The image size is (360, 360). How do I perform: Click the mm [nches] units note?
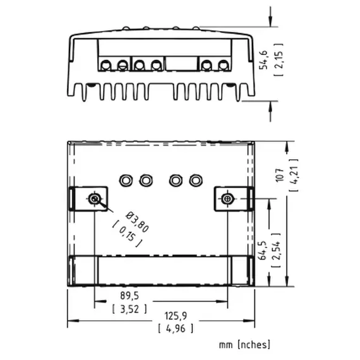244,344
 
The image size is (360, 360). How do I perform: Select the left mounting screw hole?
94,199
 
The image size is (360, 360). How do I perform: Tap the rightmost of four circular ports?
195,180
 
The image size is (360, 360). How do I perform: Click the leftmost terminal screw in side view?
105,64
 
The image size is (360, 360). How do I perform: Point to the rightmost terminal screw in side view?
223,64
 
